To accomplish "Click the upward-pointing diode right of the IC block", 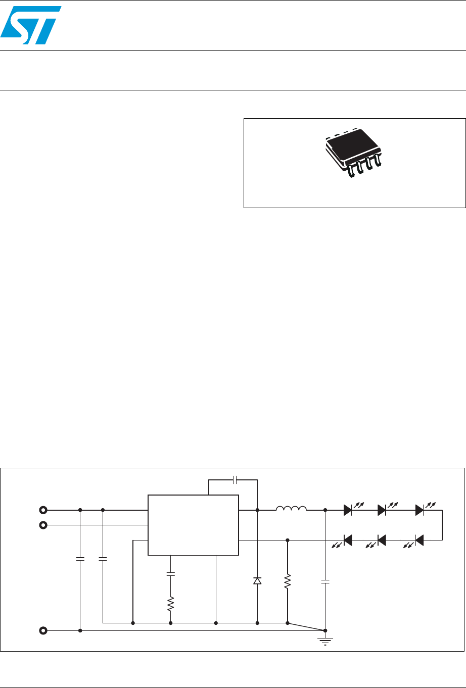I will pyautogui.click(x=257, y=580).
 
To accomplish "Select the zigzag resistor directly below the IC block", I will pyautogui.click(x=171, y=603).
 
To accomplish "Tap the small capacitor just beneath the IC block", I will pyautogui.click(x=171, y=574).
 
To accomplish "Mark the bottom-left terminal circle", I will pyautogui.click(x=43, y=630).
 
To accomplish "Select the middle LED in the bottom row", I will pyautogui.click(x=382, y=540).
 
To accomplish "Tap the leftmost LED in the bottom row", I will pyautogui.click(x=348, y=540).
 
